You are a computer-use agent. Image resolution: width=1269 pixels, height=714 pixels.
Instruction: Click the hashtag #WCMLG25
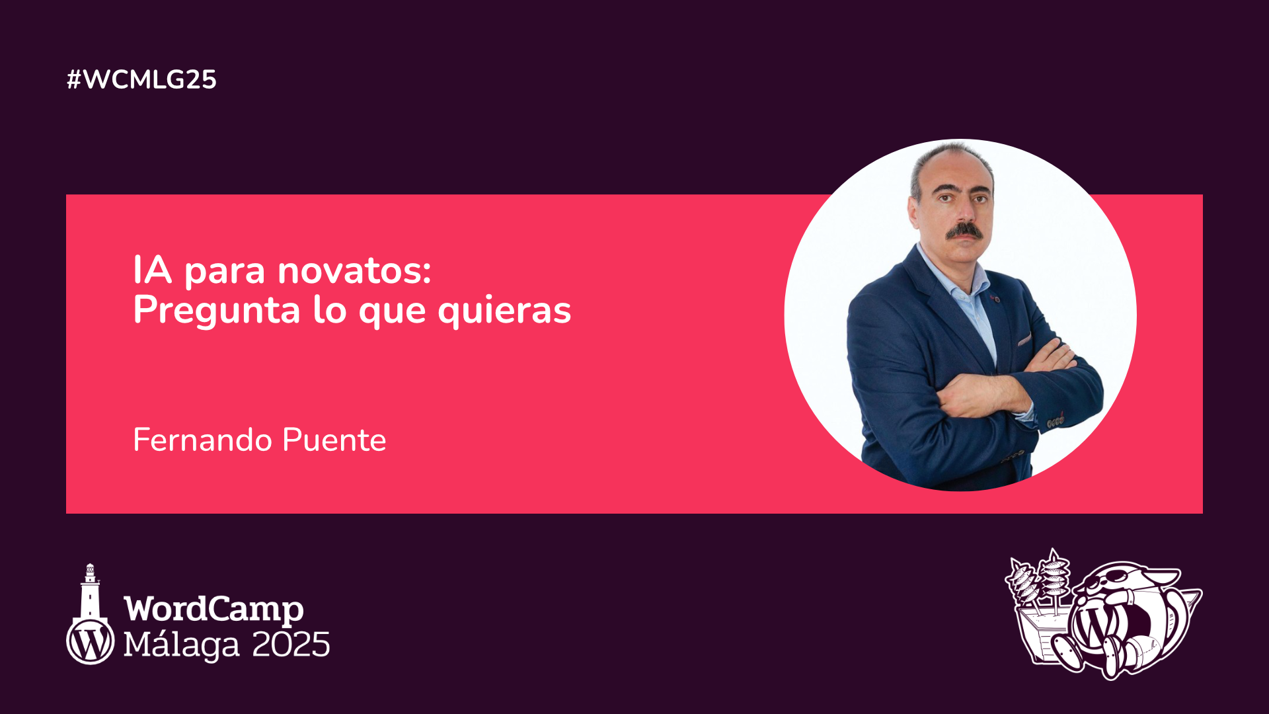pos(141,79)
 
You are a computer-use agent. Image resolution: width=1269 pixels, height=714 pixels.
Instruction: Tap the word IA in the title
pos(153,270)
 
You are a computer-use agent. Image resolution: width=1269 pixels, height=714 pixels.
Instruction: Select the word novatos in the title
pos(354,271)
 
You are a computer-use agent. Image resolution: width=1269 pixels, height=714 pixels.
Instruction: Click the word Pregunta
pos(217,311)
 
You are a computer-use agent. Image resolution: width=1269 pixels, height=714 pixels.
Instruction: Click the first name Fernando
pos(203,440)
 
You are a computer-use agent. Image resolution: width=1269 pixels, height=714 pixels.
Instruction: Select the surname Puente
pos(334,440)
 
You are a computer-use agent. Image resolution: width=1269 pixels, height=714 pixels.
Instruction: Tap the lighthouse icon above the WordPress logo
pos(90,591)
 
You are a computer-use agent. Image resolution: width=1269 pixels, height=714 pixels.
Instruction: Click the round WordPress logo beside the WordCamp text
pos(91,641)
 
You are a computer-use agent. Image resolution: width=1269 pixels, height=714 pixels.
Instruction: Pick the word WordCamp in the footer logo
pos(214,609)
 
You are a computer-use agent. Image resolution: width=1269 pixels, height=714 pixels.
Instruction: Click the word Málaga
pos(182,645)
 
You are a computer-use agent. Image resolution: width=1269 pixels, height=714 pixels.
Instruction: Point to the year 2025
pos(291,645)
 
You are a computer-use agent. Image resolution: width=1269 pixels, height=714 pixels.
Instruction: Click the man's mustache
pos(964,231)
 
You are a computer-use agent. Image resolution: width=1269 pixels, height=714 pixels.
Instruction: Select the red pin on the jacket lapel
pos(996,299)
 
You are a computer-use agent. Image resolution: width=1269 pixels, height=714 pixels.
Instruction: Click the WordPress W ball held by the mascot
pos(1095,625)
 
